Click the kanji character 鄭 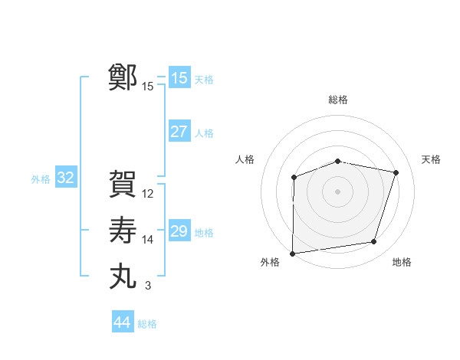pyautogui.click(x=123, y=77)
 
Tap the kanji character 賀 pyautogui.click(x=123, y=185)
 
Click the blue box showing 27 pyautogui.click(x=179, y=132)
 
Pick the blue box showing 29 pyautogui.click(x=179, y=231)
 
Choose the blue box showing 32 pyautogui.click(x=66, y=178)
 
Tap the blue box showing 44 pyautogui.click(x=122, y=322)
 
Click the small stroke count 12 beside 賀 pyautogui.click(x=148, y=194)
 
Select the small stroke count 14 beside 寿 pyautogui.click(x=148, y=240)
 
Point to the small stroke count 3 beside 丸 pyautogui.click(x=147, y=286)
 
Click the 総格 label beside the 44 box pyautogui.click(x=147, y=324)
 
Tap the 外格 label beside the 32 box pyautogui.click(x=41, y=179)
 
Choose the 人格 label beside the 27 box pyautogui.click(x=204, y=133)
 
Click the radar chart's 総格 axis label pyautogui.click(x=337, y=100)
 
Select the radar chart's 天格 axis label pyautogui.click(x=431, y=159)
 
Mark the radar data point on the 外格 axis pyautogui.click(x=292, y=253)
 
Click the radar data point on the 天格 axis pyautogui.click(x=396, y=172)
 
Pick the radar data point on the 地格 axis pyautogui.click(x=374, y=242)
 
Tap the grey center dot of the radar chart pyautogui.click(x=337, y=191)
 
